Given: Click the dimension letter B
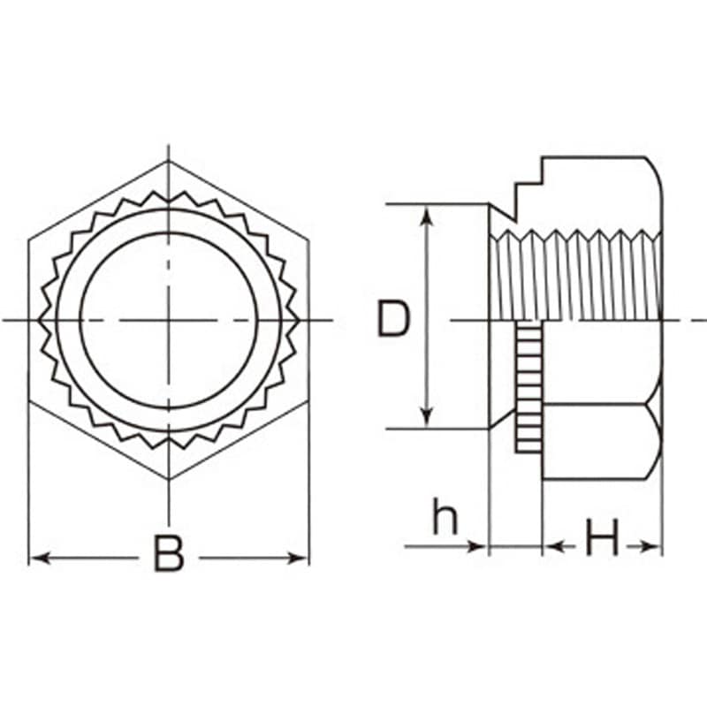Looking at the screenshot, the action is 169,554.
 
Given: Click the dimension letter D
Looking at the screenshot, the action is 393,319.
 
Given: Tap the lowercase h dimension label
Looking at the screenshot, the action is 445,516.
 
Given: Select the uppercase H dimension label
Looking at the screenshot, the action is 602,537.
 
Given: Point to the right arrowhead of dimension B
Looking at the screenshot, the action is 299,559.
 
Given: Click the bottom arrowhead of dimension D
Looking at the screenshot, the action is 427,416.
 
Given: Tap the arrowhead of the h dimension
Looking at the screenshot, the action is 478,547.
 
